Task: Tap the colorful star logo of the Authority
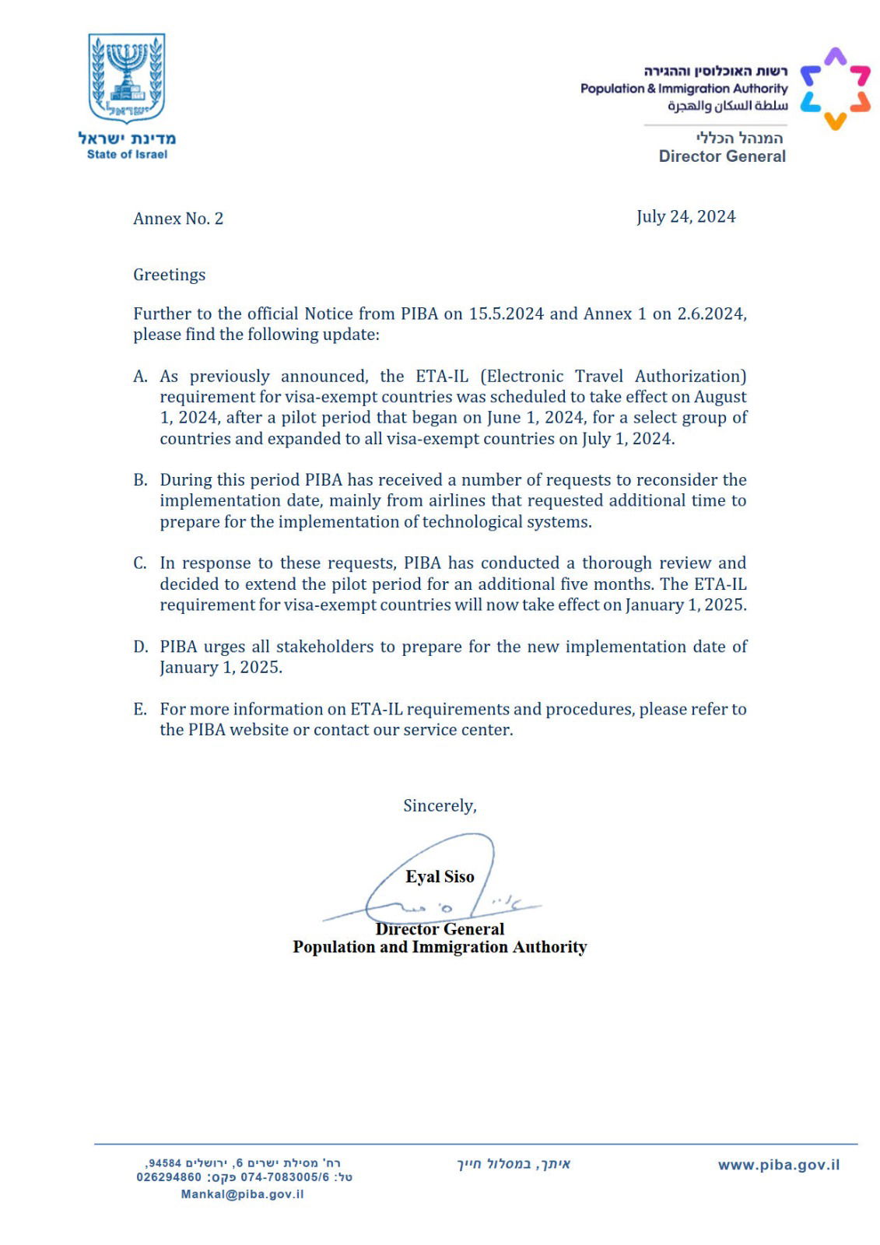pyautogui.click(x=835, y=88)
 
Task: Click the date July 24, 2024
pyautogui.click(x=685, y=216)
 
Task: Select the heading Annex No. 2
pyautogui.click(x=178, y=219)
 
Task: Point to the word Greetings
pyautogui.click(x=170, y=275)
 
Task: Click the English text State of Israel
pyautogui.click(x=127, y=154)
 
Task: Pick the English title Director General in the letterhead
pyautogui.click(x=722, y=156)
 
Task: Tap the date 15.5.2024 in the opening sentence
pyautogui.click(x=506, y=314)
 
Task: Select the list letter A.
pyautogui.click(x=140, y=377)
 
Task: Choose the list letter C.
pyautogui.click(x=140, y=563)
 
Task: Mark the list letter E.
pyautogui.click(x=140, y=709)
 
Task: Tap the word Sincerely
pyautogui.click(x=440, y=805)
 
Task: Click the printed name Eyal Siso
pyautogui.click(x=440, y=877)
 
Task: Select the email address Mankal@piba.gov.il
pyautogui.click(x=242, y=1194)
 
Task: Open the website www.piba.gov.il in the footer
pyautogui.click(x=779, y=1165)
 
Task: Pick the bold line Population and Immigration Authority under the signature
pyautogui.click(x=440, y=947)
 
